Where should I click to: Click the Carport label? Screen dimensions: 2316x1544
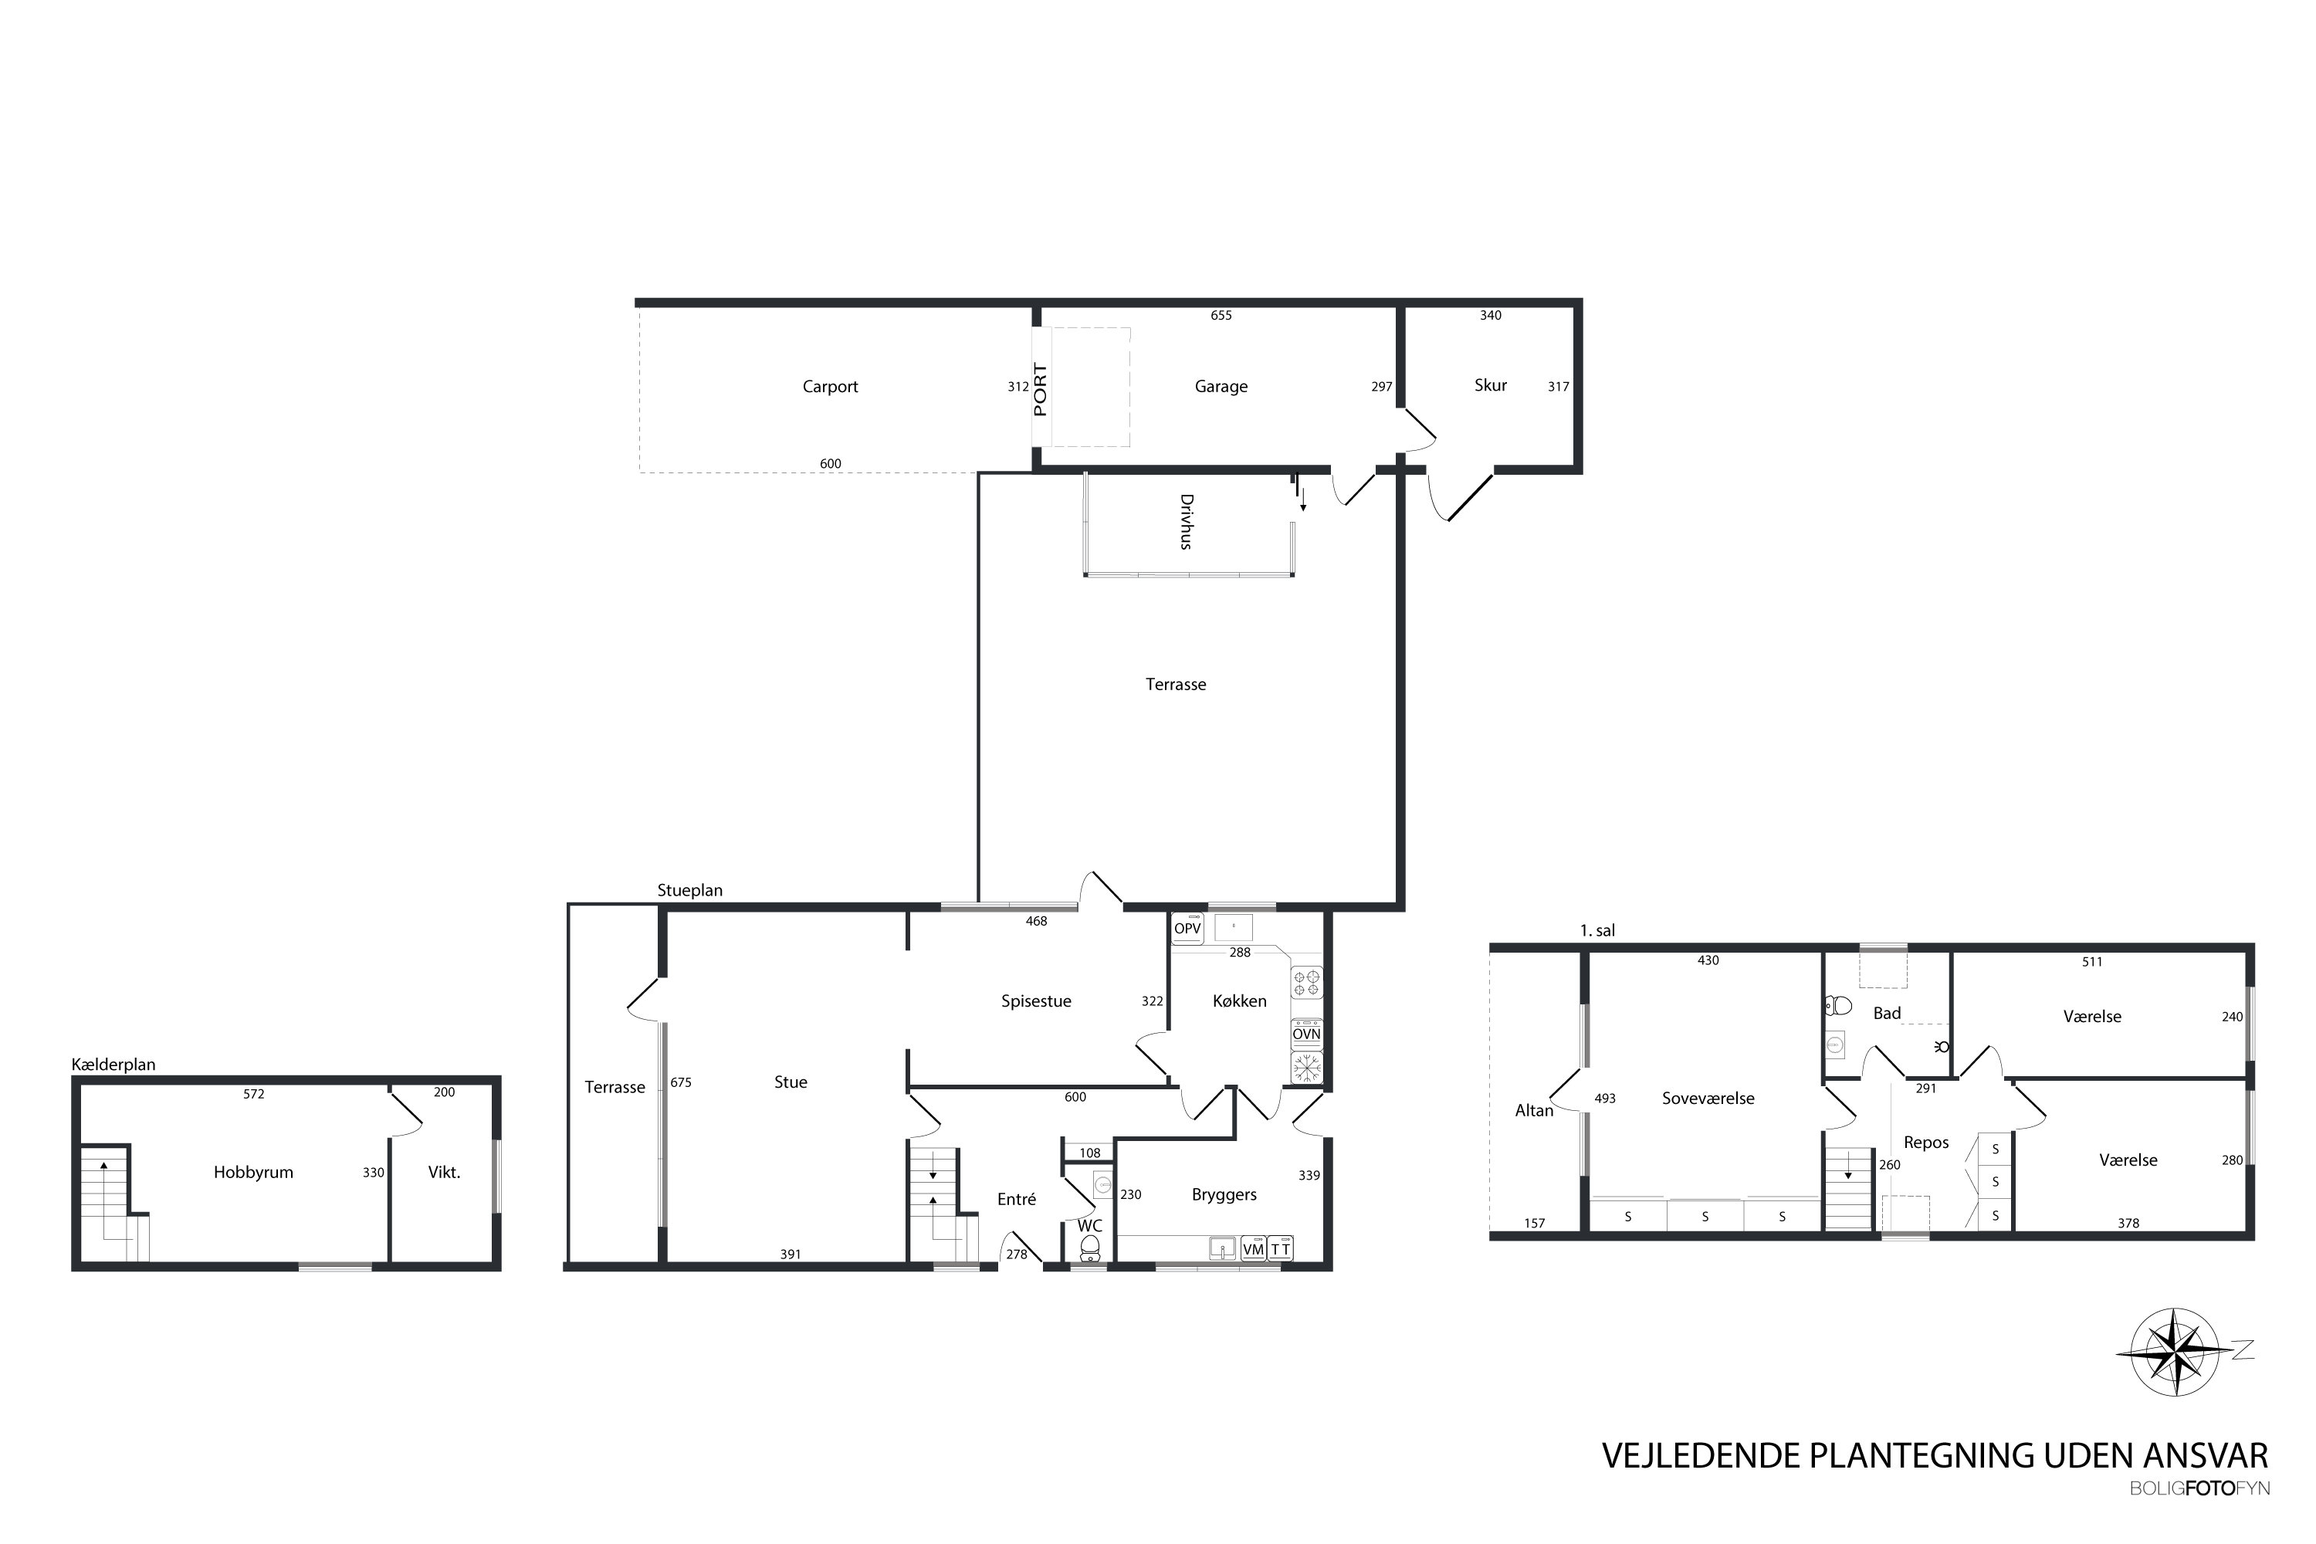830,387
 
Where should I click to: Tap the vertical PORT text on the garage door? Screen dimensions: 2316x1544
1040,390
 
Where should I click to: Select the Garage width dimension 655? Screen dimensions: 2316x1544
1221,315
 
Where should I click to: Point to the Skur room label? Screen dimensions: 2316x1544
1490,385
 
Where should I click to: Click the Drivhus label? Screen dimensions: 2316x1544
1187,521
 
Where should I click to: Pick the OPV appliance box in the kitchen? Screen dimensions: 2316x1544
1187,928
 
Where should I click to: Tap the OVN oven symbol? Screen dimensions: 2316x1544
1307,1034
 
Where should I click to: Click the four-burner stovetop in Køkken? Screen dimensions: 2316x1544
1307,983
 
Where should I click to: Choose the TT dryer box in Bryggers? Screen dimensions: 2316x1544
1280,1248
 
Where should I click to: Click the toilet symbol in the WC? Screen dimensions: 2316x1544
1089,1248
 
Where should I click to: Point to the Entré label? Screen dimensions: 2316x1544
1016,1200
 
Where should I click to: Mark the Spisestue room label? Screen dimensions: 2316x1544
1036,1001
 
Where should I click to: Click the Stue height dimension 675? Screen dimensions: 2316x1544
680,1082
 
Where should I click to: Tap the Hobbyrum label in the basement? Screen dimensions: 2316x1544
253,1173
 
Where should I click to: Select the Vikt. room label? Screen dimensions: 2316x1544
444,1173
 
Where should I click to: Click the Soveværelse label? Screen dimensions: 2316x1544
1708,1099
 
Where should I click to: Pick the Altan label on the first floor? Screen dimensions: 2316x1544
1533,1111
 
